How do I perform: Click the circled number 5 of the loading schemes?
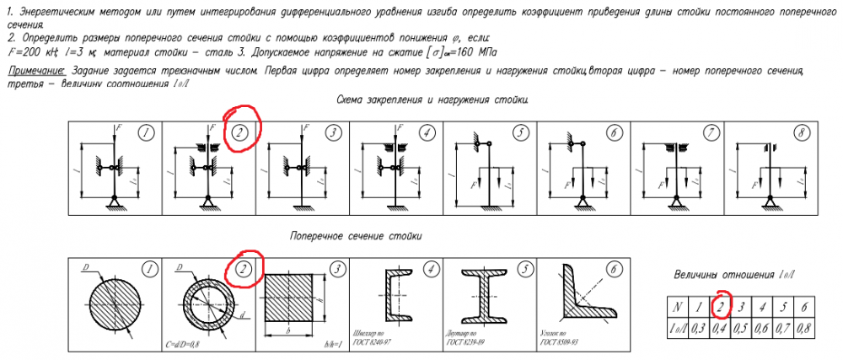tap(522, 133)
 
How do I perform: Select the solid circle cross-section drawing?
tap(110, 304)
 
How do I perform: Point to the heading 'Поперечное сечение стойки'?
tap(355, 236)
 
